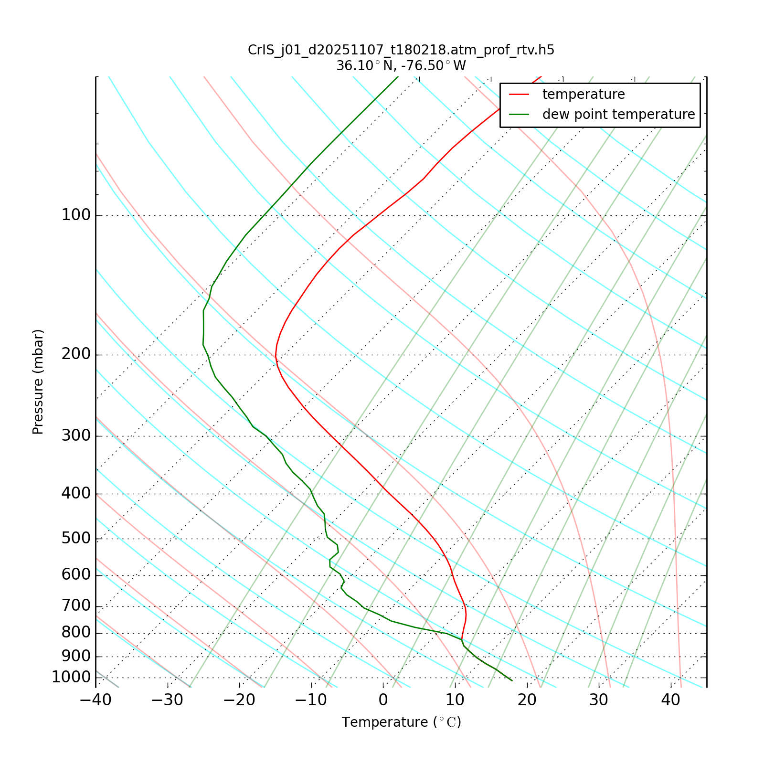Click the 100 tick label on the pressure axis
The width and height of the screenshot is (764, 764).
coord(76,215)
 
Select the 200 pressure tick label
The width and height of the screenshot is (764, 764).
coord(76,355)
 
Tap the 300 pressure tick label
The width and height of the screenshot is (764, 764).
coord(76,436)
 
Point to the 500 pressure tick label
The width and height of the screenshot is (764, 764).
coord(76,539)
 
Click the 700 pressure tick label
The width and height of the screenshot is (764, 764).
coord(76,606)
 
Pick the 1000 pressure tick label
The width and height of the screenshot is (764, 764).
coord(71,677)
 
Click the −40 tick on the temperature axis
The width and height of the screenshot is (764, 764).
coord(95,700)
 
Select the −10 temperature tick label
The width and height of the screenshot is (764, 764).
coord(311,700)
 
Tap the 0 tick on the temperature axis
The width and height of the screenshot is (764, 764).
coord(383,700)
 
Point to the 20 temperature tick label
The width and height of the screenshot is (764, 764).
coord(527,700)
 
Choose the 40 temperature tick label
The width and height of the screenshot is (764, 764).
coord(671,700)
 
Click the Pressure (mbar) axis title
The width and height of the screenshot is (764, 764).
coord(38,382)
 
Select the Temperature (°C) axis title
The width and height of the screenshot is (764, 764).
coord(401,722)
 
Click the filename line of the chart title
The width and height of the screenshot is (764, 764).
coord(401,50)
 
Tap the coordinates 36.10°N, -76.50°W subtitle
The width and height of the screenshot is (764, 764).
coord(401,66)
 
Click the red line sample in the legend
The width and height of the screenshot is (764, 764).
coord(520,95)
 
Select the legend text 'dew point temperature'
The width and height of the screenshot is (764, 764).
coord(618,115)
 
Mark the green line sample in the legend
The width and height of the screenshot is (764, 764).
coord(520,115)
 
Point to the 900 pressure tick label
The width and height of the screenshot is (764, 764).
coord(76,656)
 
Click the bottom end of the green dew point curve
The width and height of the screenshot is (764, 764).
coord(512,680)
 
